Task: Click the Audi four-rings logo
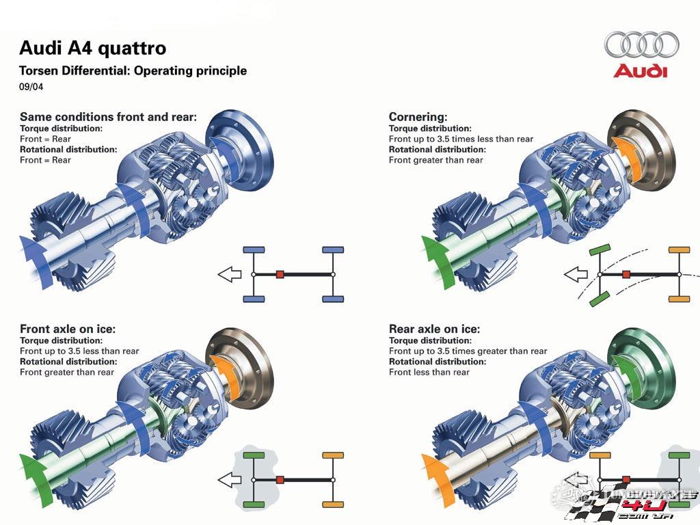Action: (x=641, y=45)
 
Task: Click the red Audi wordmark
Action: (x=640, y=70)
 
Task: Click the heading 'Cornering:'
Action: (x=418, y=117)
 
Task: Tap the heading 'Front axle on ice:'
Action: (x=68, y=329)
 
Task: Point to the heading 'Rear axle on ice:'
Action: (x=434, y=329)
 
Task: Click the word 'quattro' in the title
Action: (x=132, y=48)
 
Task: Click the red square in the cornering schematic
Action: (x=626, y=274)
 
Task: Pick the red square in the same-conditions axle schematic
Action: (x=280, y=274)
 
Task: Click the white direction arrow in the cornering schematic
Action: (x=576, y=275)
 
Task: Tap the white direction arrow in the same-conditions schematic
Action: (x=229, y=275)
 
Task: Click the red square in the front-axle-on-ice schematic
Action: (x=280, y=479)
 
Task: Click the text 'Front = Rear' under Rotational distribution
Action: (x=45, y=160)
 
